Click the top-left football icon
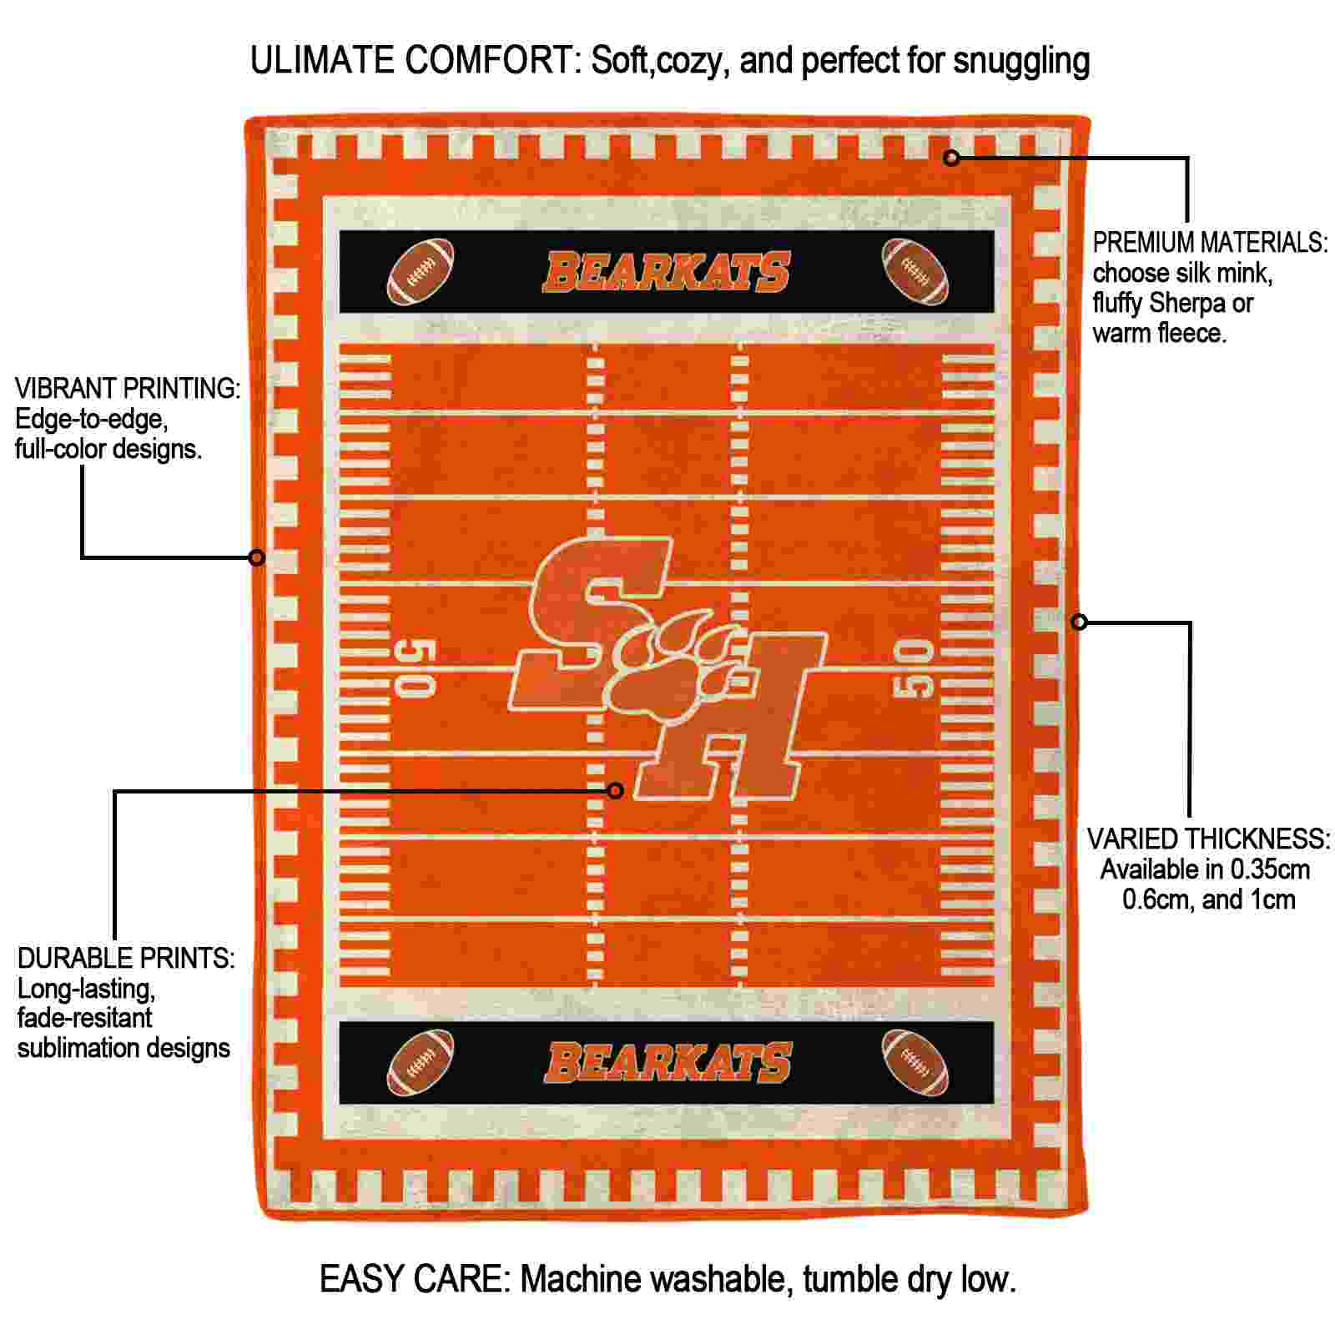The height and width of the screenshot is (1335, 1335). (x=421, y=272)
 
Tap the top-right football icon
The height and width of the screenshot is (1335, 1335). (x=915, y=272)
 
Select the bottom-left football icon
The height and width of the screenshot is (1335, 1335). (x=421, y=1062)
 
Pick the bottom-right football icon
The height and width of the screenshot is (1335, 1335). (x=915, y=1062)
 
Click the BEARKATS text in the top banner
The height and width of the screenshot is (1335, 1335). (x=667, y=273)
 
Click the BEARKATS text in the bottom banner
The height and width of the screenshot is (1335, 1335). (x=667, y=1062)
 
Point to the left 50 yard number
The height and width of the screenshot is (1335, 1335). (x=416, y=668)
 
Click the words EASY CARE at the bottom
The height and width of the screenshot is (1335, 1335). (x=415, y=1278)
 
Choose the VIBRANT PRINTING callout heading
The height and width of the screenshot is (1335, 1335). (x=128, y=388)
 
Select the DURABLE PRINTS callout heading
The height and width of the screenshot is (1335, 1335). (x=126, y=958)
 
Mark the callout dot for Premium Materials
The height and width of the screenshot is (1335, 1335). (x=952, y=157)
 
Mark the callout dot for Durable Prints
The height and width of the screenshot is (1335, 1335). (x=616, y=790)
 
